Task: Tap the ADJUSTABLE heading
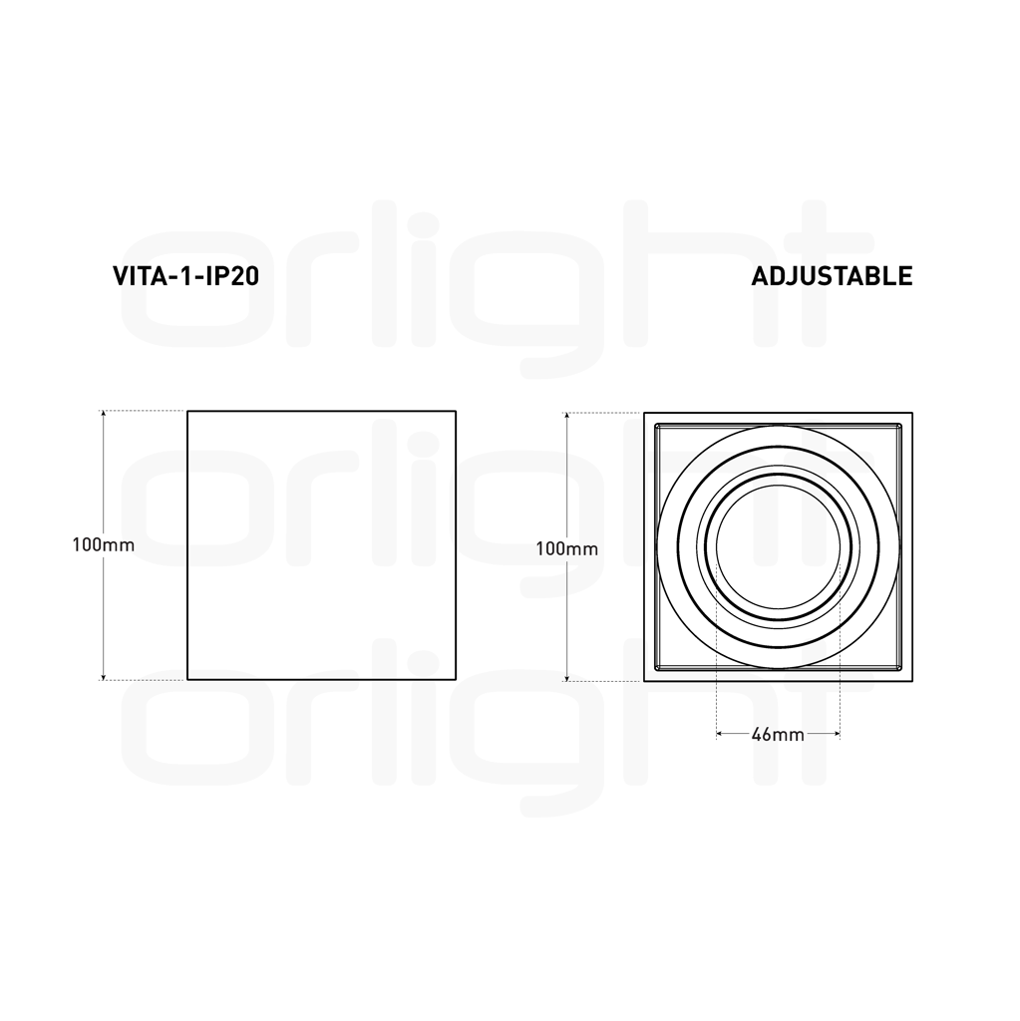(831, 276)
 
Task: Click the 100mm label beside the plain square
(103, 545)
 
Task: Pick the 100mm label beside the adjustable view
(566, 548)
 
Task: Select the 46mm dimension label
(778, 735)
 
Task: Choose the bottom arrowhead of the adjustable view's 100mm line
(566, 676)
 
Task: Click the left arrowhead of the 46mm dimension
(720, 735)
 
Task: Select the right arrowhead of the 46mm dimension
(836, 735)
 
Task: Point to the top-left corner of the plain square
(187, 410)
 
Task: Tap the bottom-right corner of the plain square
(456, 680)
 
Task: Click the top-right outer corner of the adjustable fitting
(912, 411)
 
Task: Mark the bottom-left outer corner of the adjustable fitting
(644, 681)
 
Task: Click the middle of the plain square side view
(321, 545)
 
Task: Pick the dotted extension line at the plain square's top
(145, 410)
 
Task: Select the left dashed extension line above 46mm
(717, 648)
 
